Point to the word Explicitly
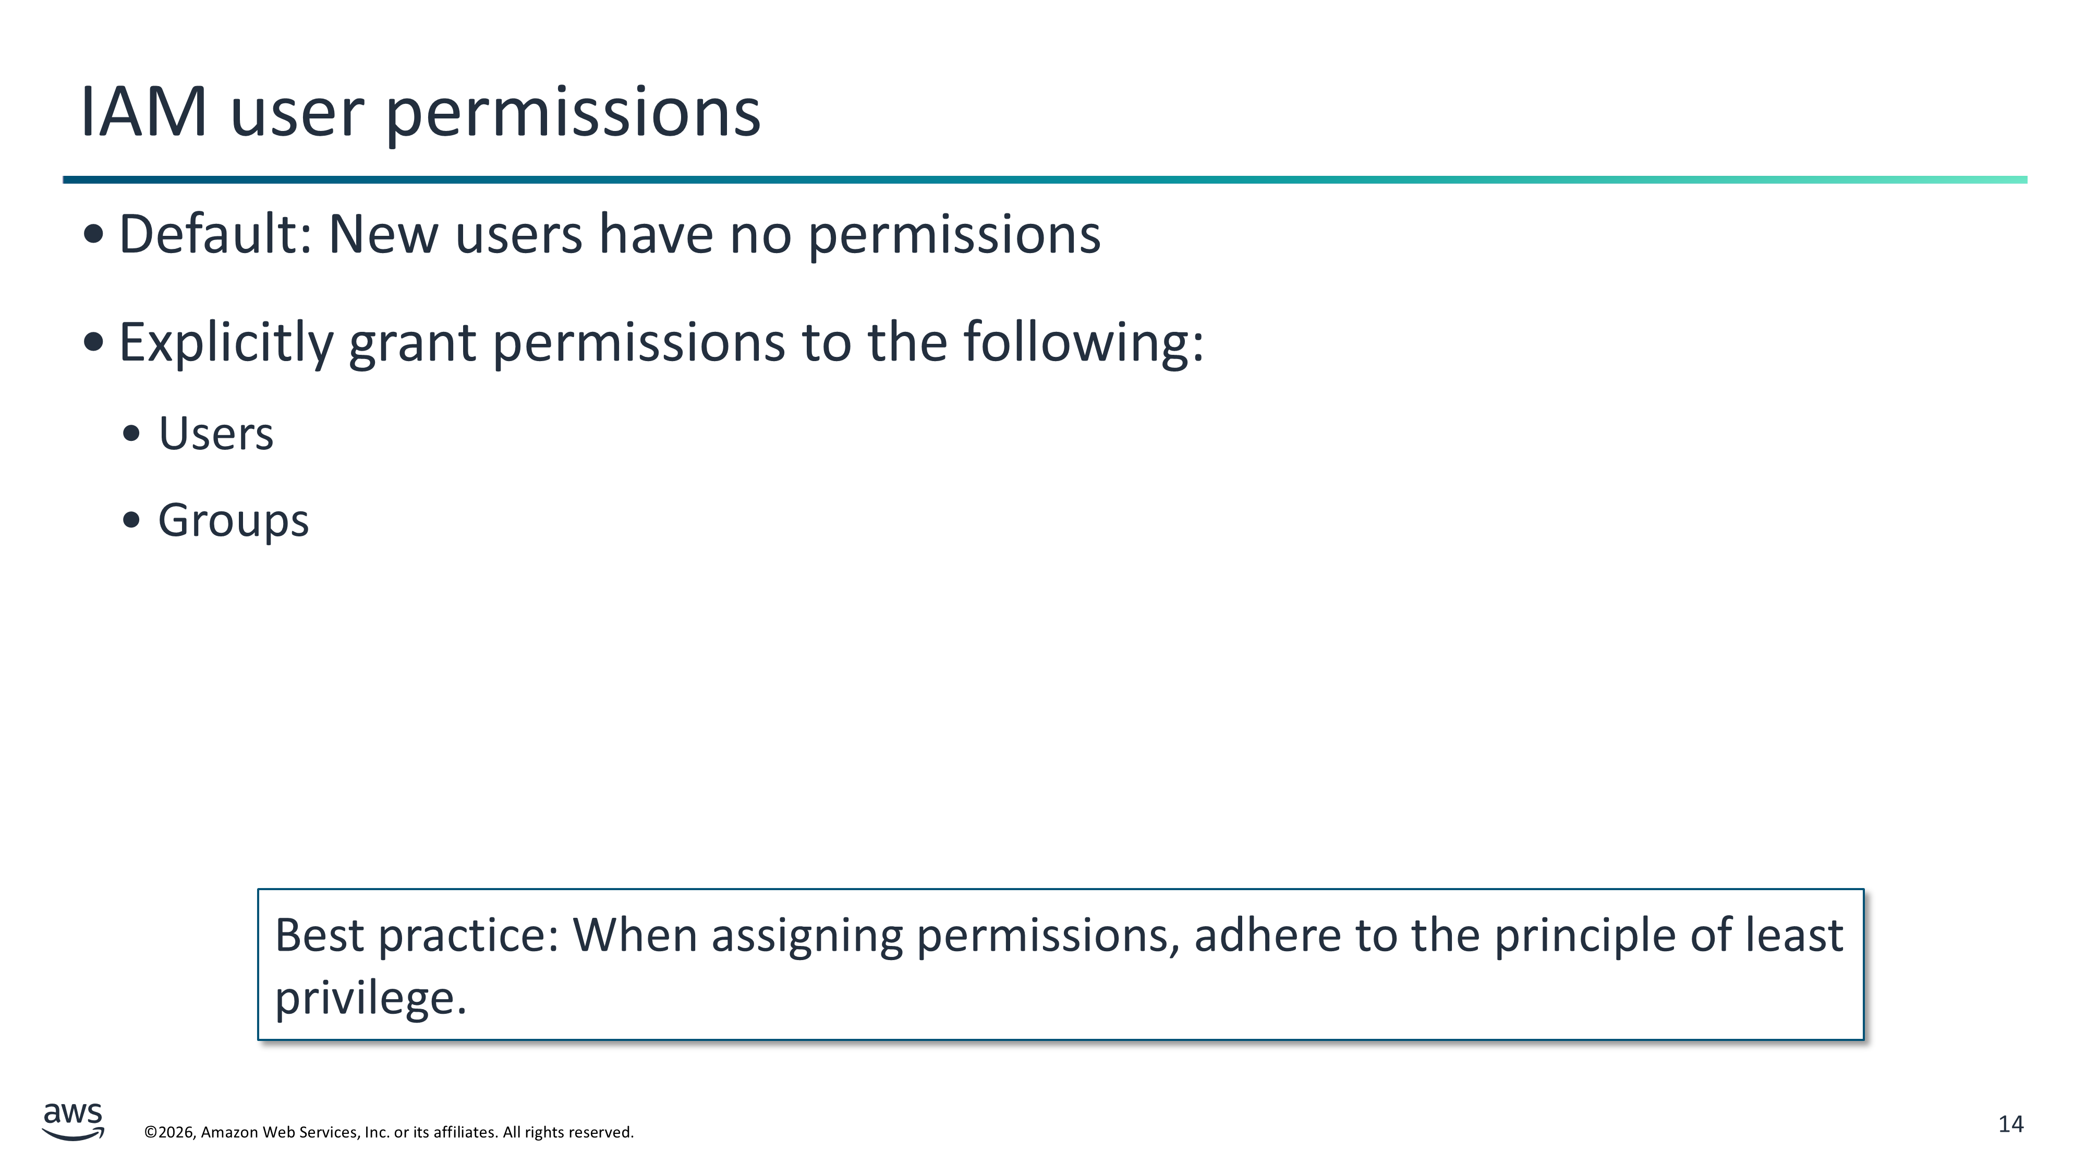coord(226,343)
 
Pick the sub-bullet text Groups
coord(233,521)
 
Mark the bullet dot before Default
coord(94,234)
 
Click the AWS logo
coord(73,1121)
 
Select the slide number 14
coord(2011,1124)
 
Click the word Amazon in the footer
coord(229,1132)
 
